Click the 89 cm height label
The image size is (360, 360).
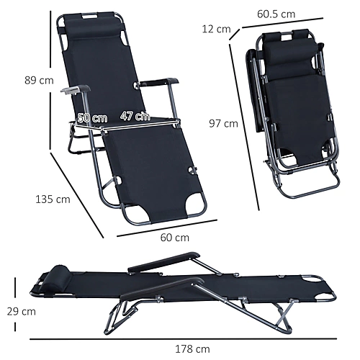point(39,80)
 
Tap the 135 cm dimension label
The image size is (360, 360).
point(53,199)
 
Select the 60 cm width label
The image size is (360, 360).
point(175,238)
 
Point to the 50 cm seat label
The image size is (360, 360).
point(92,118)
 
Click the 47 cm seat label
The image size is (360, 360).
point(135,116)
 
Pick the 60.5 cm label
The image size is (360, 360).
point(276,14)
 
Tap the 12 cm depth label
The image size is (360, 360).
point(216,29)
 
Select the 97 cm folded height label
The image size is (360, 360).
point(223,124)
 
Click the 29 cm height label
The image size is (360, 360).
point(22,312)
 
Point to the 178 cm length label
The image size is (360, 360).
point(192,349)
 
